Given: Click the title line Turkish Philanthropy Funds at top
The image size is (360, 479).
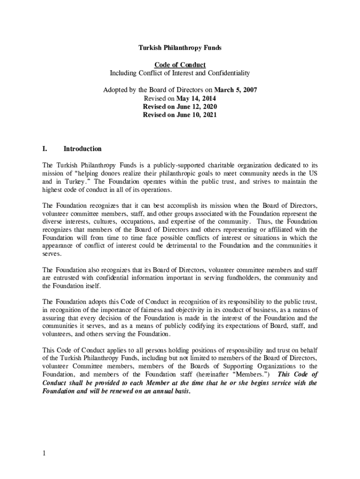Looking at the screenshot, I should coord(180,48).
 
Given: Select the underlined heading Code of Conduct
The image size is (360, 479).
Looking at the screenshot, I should coord(180,65).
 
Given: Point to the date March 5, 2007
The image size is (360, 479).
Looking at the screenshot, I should coord(236,90).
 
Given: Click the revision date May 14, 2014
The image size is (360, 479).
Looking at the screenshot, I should coord(196,98).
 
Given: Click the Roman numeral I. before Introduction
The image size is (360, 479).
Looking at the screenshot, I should coord(45,149).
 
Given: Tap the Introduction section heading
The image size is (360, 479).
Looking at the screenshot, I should coord(82,149).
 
